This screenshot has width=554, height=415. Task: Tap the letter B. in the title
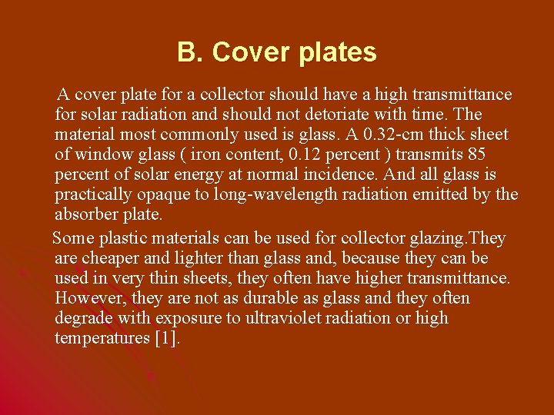[190, 52]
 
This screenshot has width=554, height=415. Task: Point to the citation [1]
[166, 338]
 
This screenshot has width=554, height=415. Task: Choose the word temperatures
[102, 338]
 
